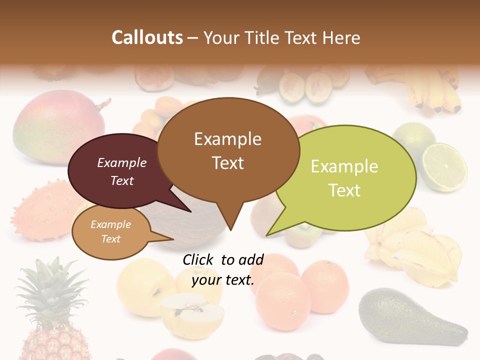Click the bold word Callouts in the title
[x=147, y=37]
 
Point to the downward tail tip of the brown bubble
[x=230, y=229]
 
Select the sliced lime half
[x=444, y=167]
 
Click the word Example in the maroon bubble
[x=122, y=162]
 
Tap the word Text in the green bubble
[x=344, y=190]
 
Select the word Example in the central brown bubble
[x=227, y=139]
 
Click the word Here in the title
[x=341, y=37]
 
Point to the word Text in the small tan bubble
[x=111, y=239]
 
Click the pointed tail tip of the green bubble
[x=266, y=235]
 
